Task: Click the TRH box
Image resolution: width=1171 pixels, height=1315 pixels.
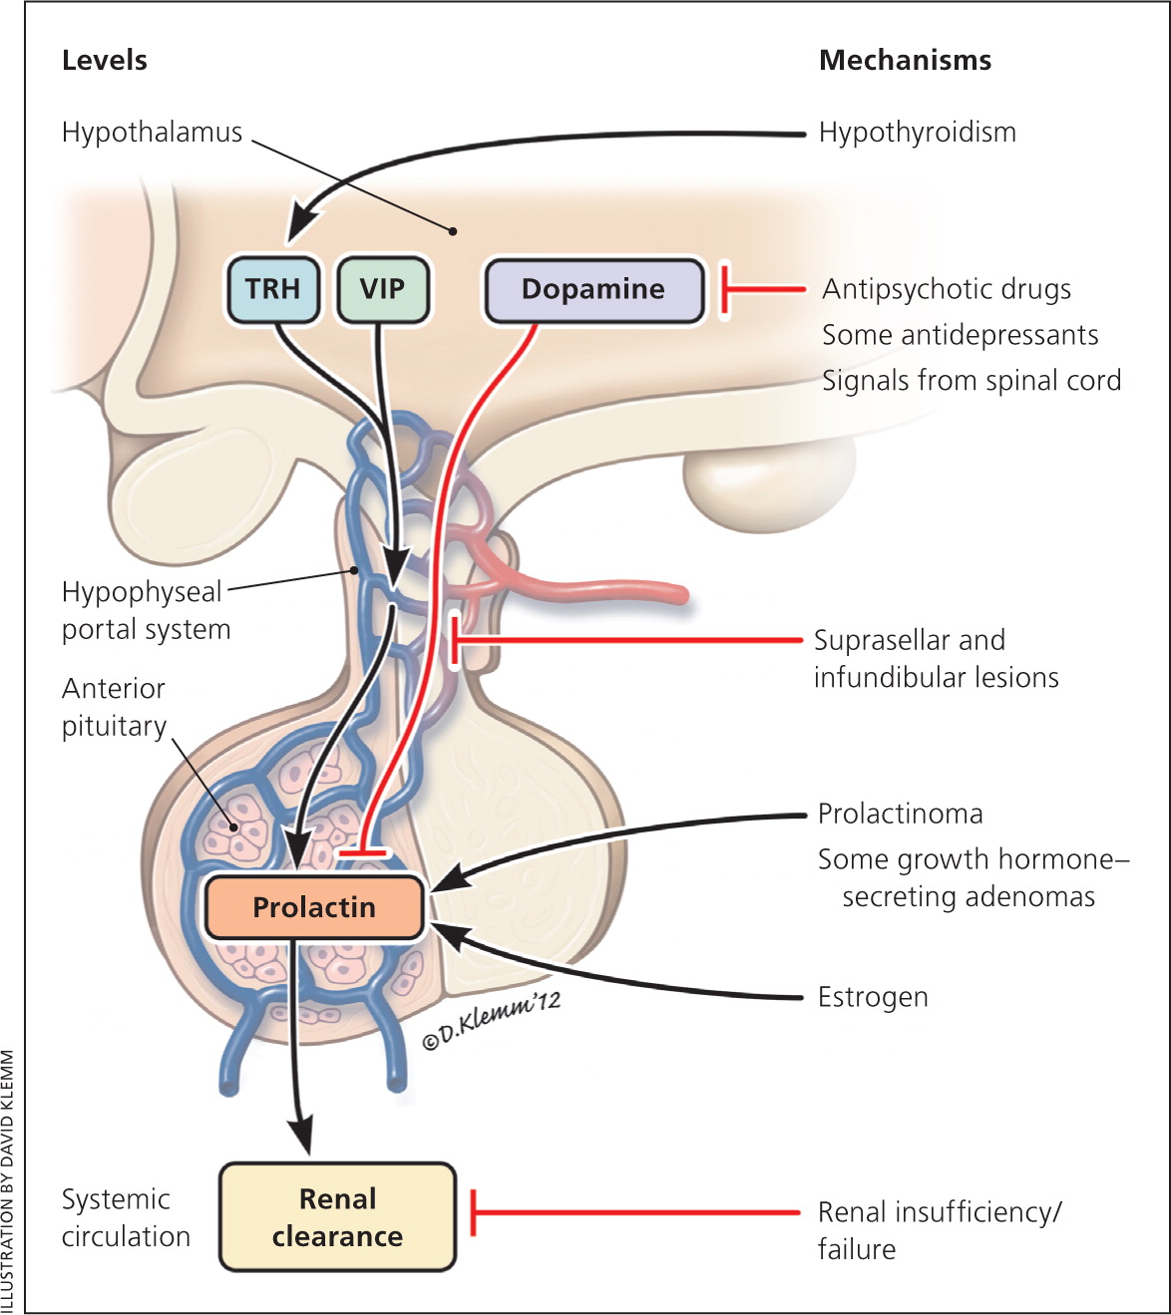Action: pos(272,289)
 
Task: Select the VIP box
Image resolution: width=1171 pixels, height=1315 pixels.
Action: pos(382,289)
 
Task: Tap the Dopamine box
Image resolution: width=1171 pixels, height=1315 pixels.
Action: pos(593,289)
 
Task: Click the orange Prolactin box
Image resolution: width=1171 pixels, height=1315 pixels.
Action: pos(314,907)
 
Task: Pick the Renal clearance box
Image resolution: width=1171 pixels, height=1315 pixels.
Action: pos(337,1217)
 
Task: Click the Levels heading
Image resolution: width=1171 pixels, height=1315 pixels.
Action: pos(104,60)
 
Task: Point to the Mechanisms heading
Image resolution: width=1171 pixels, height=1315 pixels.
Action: pos(905,60)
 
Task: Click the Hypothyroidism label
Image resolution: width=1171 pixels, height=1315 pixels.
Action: pos(917,132)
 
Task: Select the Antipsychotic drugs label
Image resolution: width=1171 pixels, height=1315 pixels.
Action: pos(946,289)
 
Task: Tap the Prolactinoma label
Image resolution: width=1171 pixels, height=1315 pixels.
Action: pos(900,814)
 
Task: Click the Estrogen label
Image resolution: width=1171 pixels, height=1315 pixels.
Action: pos(873,997)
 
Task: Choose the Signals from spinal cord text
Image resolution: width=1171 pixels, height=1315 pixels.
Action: pos(971,381)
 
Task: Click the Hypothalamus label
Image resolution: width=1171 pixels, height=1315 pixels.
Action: pos(152,132)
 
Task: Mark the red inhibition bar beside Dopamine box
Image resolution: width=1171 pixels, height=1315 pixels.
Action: pos(725,289)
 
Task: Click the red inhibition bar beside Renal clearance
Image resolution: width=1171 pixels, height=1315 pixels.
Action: pos(473,1212)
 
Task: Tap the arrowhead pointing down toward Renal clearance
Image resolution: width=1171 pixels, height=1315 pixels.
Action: pos(298,1136)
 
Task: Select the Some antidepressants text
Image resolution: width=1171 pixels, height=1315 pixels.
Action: pos(960,335)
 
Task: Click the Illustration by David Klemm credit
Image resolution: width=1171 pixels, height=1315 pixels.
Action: pos(9,1181)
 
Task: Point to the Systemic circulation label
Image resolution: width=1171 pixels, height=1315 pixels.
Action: pos(126,1217)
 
